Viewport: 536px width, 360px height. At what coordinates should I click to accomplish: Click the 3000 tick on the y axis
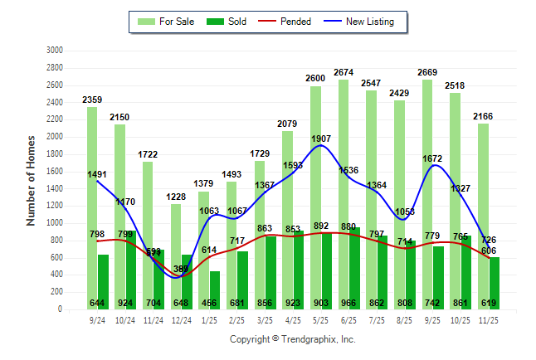(56, 50)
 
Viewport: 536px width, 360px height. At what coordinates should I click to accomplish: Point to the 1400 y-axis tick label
(56, 188)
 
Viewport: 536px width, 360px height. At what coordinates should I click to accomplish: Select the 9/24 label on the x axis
(97, 319)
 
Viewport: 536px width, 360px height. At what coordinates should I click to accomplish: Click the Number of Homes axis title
(31, 179)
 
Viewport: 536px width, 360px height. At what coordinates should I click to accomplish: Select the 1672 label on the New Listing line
(437, 158)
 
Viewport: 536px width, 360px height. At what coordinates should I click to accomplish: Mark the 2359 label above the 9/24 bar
(93, 100)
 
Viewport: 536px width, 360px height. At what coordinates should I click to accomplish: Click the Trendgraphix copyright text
(292, 339)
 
